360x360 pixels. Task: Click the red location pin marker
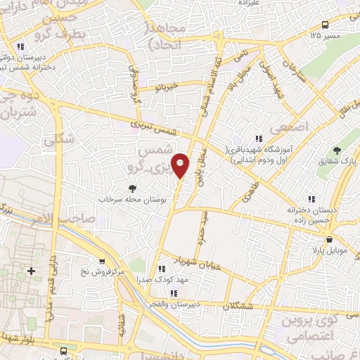coord(181,165)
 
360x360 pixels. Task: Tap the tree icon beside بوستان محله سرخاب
coord(131,188)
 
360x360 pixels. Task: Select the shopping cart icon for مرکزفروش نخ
coord(103,260)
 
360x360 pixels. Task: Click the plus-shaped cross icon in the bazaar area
coord(30,271)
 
